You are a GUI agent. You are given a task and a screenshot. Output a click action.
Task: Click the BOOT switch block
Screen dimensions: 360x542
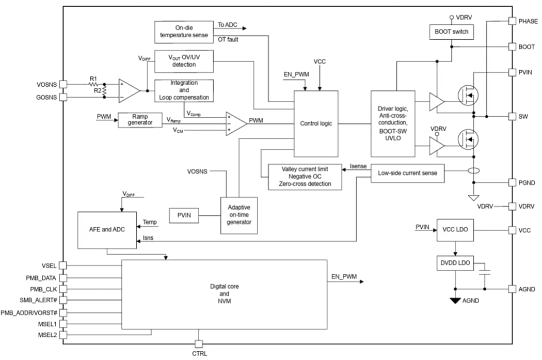pos(451,32)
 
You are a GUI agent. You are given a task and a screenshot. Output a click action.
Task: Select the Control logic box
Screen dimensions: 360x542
pos(316,123)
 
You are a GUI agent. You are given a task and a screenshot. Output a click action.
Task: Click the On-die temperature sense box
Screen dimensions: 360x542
pos(184,32)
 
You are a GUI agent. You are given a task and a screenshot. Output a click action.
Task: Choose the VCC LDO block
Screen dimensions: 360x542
pos(455,229)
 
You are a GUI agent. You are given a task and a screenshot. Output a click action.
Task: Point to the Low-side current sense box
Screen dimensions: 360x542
pos(407,173)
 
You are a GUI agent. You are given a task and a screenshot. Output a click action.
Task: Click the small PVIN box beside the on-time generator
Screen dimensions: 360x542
pos(184,215)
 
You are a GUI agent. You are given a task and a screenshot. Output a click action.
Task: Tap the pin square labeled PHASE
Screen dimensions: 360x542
pos(512,21)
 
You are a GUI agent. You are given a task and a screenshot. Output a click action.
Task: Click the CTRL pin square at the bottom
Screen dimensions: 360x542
pos(199,344)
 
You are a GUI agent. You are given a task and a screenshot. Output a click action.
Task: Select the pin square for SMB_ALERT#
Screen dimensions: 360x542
pos(63,301)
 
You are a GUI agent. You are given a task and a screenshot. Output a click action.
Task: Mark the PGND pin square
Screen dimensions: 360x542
pos(512,182)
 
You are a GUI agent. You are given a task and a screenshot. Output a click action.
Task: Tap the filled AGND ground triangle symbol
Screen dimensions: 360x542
pos(455,300)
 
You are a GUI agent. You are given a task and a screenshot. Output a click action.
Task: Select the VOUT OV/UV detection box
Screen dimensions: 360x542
pos(184,61)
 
